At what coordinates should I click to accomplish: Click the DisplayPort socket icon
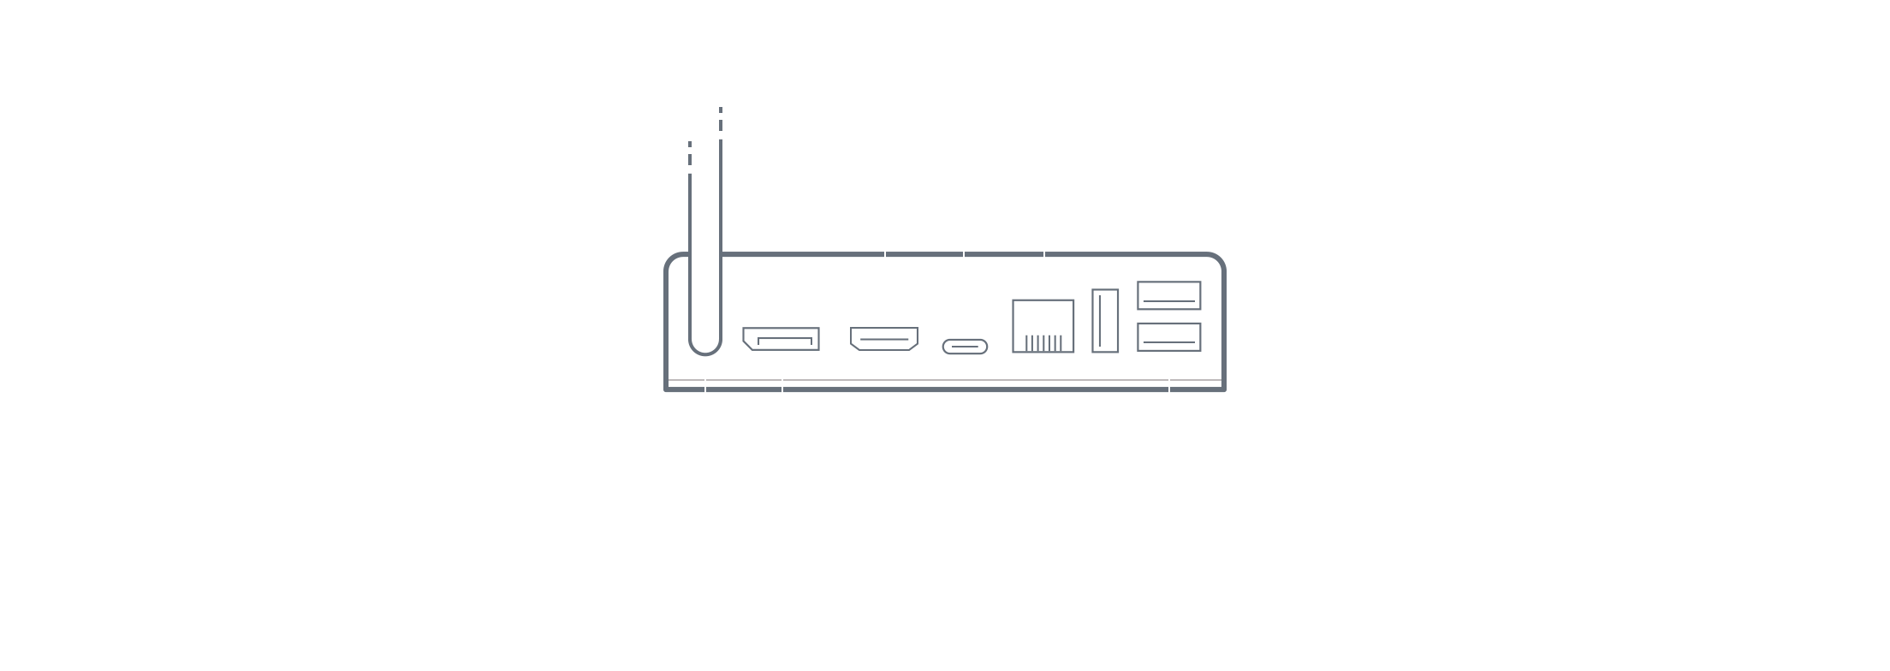coord(781,339)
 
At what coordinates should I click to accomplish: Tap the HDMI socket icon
coord(884,339)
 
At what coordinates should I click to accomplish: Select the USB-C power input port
coord(965,347)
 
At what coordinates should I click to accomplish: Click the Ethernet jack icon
coord(1043,326)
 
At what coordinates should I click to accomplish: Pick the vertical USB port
coord(1105,321)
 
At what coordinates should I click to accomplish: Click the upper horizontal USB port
coord(1168,295)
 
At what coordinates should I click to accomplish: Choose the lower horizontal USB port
coord(1168,336)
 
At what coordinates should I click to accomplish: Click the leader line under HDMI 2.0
coord(885,257)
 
